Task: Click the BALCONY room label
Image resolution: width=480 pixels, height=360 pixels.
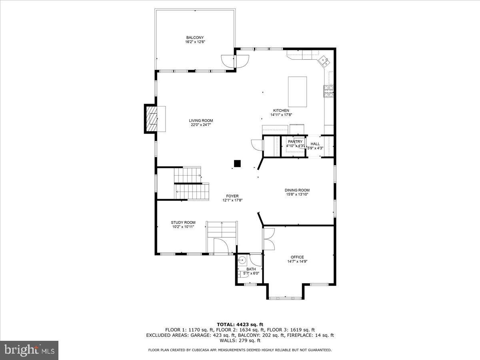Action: click(x=195, y=38)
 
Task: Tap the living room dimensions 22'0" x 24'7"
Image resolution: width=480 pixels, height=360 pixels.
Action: click(x=201, y=125)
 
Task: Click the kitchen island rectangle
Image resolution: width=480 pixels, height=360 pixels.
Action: click(x=298, y=92)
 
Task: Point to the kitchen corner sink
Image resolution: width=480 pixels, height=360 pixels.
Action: click(x=324, y=62)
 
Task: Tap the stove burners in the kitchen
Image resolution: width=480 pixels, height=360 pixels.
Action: click(x=328, y=92)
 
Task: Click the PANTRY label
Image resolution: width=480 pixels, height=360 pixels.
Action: click(x=295, y=142)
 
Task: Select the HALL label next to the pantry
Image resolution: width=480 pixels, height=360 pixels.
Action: click(x=315, y=144)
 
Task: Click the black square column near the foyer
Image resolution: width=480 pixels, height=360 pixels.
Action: click(x=238, y=163)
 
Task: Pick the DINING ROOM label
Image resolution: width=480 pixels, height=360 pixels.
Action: click(x=297, y=190)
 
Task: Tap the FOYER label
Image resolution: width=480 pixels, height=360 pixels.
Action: click(x=232, y=196)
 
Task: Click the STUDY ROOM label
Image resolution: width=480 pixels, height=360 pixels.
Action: click(x=183, y=222)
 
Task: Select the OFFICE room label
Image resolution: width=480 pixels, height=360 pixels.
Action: click(x=297, y=257)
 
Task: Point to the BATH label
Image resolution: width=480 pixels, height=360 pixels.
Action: click(x=251, y=269)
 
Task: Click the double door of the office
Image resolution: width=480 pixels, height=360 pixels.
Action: click(x=268, y=239)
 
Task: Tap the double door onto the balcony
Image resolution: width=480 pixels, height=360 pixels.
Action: click(x=235, y=61)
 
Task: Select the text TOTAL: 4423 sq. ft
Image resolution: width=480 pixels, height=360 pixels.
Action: click(x=240, y=324)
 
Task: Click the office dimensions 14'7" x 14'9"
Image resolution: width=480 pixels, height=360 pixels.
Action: click(x=297, y=262)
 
